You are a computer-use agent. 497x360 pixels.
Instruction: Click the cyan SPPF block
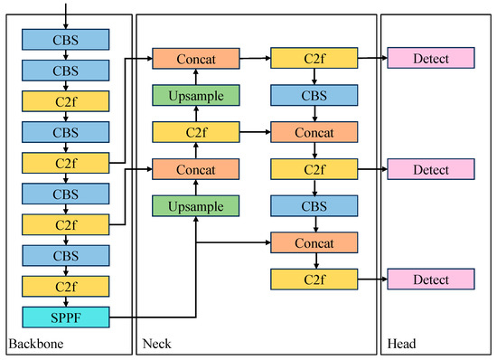(x=65, y=317)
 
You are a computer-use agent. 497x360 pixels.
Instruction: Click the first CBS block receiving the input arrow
(x=65, y=39)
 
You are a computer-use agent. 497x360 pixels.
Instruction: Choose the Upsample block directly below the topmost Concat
(x=195, y=95)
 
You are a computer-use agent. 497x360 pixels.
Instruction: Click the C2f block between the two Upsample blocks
(x=195, y=133)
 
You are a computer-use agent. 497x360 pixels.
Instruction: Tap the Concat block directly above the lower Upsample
(x=195, y=169)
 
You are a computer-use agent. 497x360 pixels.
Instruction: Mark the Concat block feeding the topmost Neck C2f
(x=195, y=59)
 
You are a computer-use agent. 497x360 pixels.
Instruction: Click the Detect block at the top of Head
(x=431, y=59)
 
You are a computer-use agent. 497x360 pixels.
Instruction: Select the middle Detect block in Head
(x=431, y=169)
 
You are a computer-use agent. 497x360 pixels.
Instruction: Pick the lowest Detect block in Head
(x=431, y=279)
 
